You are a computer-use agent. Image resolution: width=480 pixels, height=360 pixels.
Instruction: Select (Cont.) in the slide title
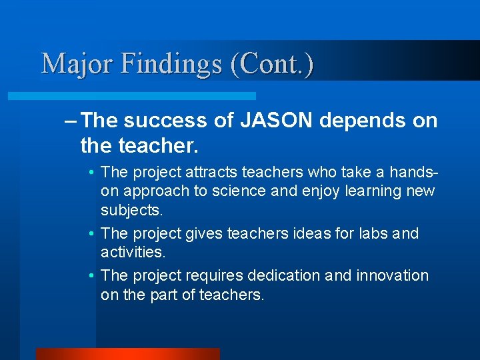pyautogui.click(x=272, y=64)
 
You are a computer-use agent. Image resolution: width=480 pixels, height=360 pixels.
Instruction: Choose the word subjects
pyautogui.click(x=130, y=211)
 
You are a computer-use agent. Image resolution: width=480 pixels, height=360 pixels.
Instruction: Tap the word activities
pyautogui.click(x=133, y=253)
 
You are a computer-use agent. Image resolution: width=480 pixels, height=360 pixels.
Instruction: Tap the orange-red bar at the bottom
pyautogui.click(x=127, y=353)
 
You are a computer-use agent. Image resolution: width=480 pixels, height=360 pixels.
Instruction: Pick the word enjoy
pyautogui.click(x=323, y=191)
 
